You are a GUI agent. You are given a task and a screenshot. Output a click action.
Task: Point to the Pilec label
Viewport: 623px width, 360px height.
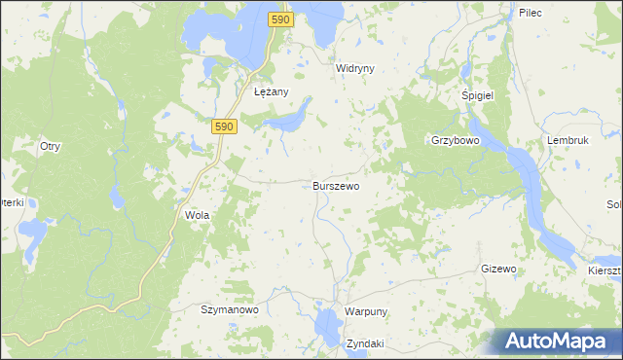pos(530,13)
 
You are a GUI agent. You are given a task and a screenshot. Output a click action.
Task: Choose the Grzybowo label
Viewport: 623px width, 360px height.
pos(456,140)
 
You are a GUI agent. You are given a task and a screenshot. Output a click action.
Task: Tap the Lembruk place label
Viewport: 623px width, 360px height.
pos(569,140)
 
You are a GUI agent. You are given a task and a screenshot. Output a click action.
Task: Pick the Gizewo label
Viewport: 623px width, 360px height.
pos(497,269)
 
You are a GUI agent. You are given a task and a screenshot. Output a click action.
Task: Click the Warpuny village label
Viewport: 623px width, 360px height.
pos(366,311)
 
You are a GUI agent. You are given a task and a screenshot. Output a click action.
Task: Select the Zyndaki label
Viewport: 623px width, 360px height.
pos(365,343)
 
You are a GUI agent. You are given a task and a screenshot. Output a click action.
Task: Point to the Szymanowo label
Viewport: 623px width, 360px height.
pos(229,310)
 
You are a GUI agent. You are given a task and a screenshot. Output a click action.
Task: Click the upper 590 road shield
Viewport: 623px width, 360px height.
pos(280,19)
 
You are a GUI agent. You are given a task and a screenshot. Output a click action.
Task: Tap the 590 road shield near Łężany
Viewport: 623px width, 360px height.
pos(224,126)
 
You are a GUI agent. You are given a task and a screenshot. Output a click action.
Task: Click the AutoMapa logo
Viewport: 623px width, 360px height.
pos(555,341)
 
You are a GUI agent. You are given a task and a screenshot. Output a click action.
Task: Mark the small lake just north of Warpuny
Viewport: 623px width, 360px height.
pos(324,317)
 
